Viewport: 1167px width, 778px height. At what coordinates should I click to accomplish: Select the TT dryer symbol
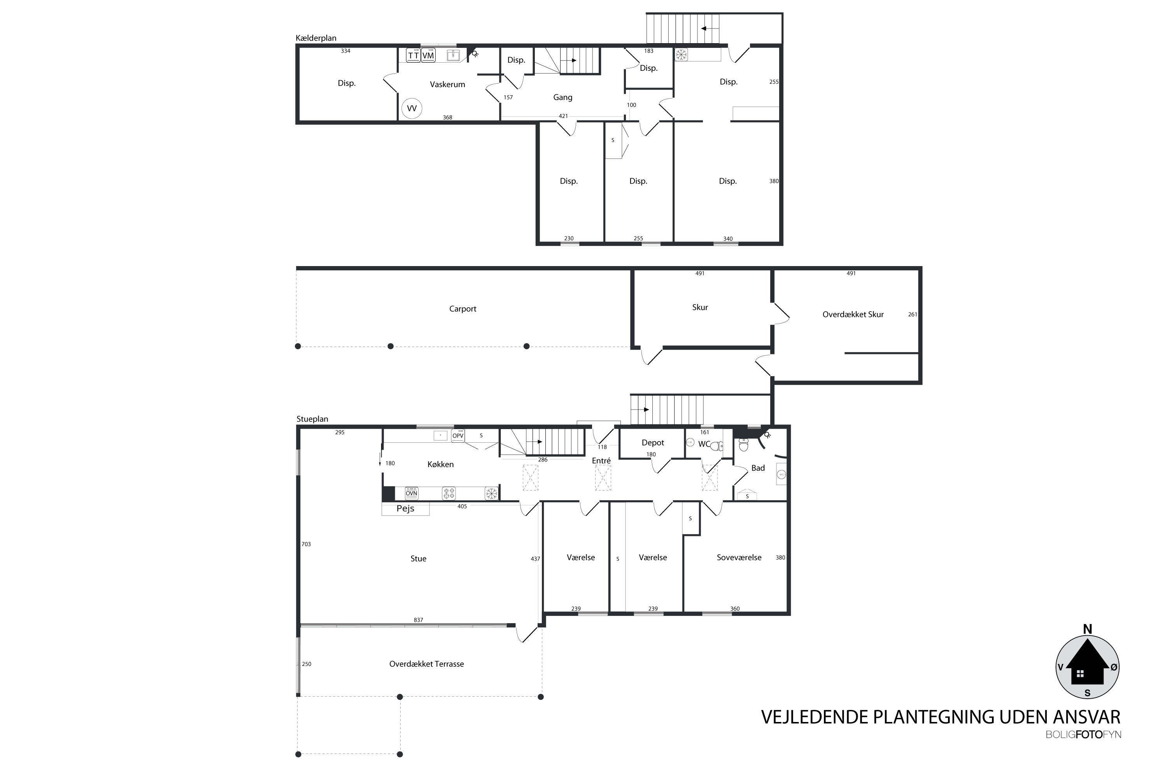coord(413,55)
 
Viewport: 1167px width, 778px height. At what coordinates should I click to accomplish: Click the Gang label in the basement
coord(562,98)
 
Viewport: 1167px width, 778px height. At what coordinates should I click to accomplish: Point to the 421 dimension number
coord(563,116)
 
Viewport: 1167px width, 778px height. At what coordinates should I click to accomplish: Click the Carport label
coord(463,308)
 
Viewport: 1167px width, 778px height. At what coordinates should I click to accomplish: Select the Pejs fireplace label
coord(405,508)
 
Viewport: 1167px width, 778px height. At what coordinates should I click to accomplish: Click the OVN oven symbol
coord(411,493)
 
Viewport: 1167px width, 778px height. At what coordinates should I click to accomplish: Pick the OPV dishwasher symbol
coord(457,436)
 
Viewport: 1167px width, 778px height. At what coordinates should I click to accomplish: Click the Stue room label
coord(418,559)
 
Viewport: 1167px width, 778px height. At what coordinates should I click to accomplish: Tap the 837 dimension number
coord(418,620)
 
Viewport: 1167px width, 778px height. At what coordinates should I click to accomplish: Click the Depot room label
coord(652,443)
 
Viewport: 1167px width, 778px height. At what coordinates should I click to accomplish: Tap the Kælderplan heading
coord(316,38)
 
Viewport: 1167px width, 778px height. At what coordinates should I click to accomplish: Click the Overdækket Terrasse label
coord(426,664)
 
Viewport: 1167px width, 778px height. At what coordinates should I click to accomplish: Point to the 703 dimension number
coord(306,544)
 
